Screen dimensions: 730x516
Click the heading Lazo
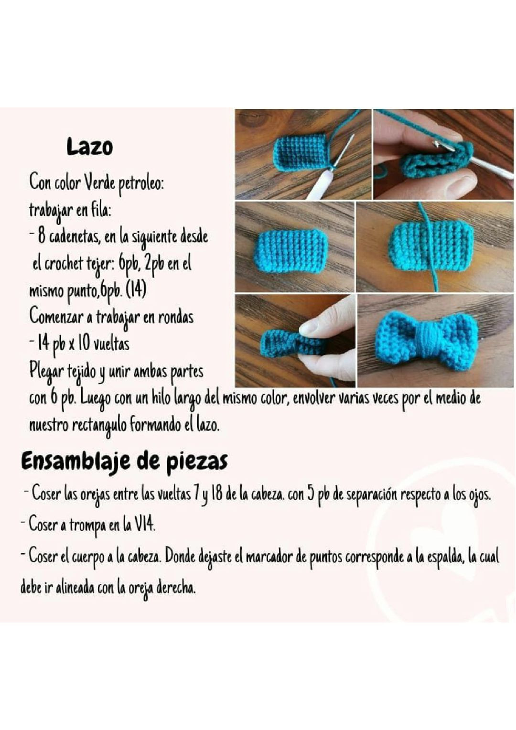(x=90, y=147)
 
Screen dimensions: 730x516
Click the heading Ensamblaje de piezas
(x=124, y=461)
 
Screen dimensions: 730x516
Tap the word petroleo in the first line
(x=141, y=184)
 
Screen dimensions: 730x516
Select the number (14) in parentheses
(x=136, y=290)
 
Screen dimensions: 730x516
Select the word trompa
(x=87, y=525)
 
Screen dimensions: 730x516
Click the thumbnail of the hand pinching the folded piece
(x=295, y=341)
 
